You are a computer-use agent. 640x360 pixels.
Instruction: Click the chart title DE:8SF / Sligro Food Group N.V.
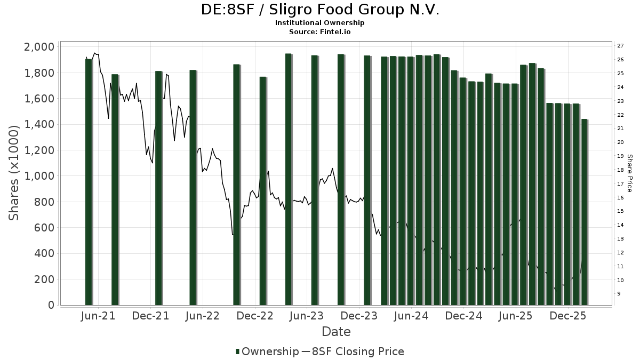320,10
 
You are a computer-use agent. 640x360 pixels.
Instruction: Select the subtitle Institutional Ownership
320,23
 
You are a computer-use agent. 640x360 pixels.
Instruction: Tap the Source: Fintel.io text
320,32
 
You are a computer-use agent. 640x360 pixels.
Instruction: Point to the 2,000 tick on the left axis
39,47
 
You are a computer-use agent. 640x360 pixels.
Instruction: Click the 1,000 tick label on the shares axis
39,176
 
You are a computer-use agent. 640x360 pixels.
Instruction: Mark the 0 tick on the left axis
51,305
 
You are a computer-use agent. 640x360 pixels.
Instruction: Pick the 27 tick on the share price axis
620,46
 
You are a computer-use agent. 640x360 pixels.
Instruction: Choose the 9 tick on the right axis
619,294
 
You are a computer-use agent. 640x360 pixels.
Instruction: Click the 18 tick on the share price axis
620,170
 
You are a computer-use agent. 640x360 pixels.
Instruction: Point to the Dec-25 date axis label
568,316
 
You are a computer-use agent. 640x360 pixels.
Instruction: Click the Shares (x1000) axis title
15,173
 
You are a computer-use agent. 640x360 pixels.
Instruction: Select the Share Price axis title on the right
629,173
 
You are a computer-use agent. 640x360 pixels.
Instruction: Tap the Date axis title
336,332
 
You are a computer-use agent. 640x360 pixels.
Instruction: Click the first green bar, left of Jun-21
89,181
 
